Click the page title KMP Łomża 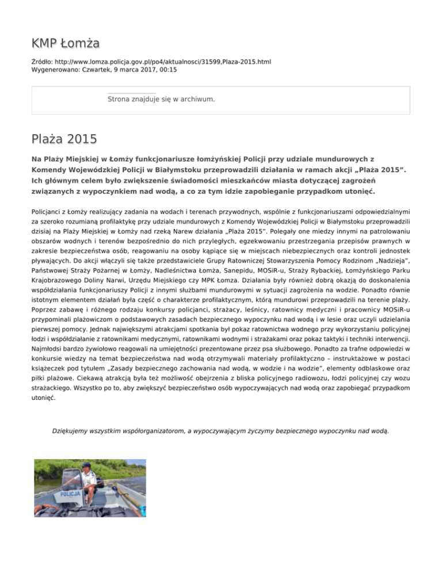pyautogui.click(x=66, y=43)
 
